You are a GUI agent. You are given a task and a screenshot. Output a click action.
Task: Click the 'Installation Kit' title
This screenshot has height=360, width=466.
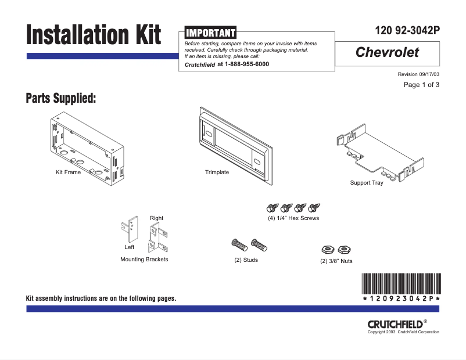(x=93, y=35)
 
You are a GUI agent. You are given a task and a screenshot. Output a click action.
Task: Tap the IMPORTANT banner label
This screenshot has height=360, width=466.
(x=210, y=33)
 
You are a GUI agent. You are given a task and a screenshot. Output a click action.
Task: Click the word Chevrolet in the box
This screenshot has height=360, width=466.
(x=387, y=53)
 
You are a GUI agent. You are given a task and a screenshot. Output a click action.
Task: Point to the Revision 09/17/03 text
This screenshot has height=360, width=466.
(x=418, y=74)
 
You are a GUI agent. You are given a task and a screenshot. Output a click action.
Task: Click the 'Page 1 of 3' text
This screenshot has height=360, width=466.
(x=421, y=85)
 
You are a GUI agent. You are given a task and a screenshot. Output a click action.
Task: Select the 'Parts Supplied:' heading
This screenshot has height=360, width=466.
(x=60, y=98)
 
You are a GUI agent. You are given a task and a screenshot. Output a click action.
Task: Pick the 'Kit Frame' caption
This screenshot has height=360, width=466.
(x=68, y=172)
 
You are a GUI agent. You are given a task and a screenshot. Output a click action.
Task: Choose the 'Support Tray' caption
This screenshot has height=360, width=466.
(x=366, y=183)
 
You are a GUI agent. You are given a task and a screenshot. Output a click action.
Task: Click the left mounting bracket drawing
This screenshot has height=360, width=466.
(x=131, y=230)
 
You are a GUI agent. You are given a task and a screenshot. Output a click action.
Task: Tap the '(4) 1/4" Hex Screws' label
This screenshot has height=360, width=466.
(x=293, y=218)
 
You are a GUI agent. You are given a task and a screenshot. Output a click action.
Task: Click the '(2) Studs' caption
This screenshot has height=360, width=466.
(x=246, y=260)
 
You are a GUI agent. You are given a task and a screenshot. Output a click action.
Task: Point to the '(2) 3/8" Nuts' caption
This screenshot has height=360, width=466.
(x=336, y=261)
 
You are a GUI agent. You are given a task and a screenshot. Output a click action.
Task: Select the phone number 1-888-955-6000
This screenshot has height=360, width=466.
(x=246, y=64)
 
